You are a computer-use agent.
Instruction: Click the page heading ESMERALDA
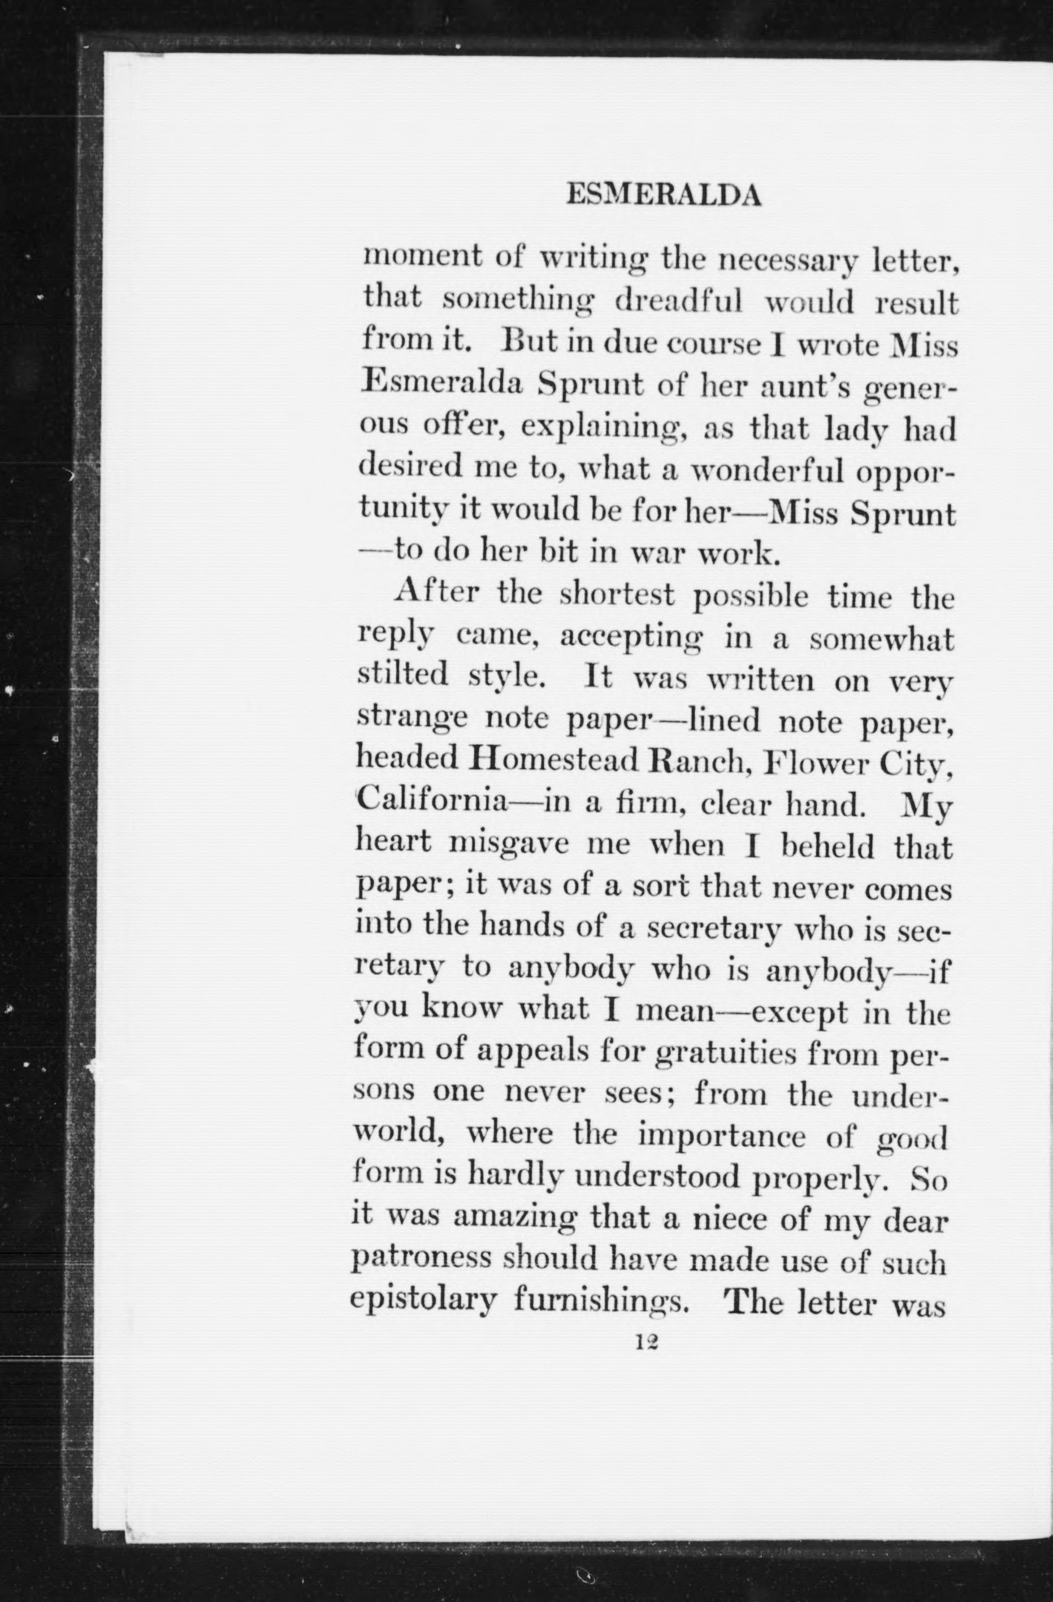pos(664,196)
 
